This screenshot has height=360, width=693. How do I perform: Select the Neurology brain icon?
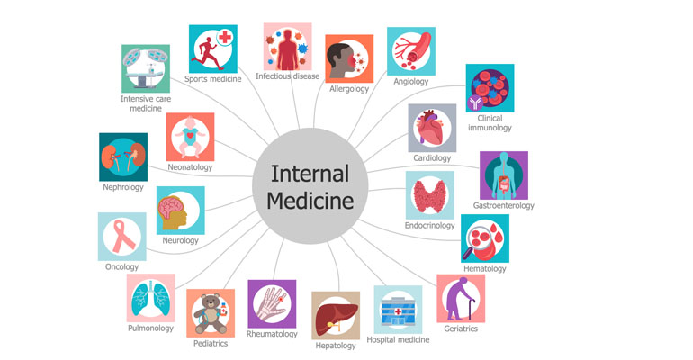point(180,211)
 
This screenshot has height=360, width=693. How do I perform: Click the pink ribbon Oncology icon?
point(121,237)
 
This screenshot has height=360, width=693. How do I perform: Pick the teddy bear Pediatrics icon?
point(210,312)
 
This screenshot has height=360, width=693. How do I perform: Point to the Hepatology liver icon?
point(335,315)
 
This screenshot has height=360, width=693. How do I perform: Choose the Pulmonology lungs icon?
point(150,298)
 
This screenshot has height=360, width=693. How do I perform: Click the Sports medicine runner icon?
point(212,49)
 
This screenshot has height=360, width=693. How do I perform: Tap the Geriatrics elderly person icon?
point(460,298)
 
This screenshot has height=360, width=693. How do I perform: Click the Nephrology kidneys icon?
point(123,157)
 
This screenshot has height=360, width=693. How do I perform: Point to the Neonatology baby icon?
point(191,137)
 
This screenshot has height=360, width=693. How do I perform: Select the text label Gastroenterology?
point(504,205)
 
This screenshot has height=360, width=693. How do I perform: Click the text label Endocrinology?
point(429,225)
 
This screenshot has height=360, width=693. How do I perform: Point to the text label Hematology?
point(484,268)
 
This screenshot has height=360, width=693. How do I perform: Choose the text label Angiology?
point(410,81)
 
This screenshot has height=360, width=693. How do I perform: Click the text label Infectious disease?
point(287,76)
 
